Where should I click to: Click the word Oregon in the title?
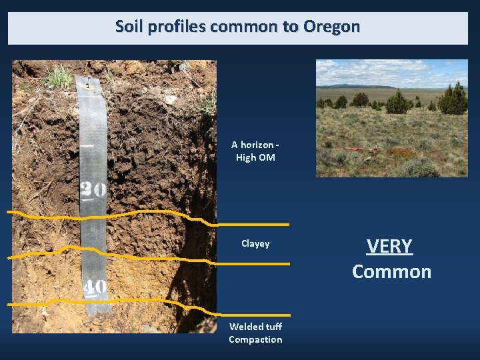pos(331,27)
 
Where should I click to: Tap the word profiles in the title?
pos(174,27)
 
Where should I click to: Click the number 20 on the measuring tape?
pos(93,190)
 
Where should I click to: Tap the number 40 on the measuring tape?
pos(95,287)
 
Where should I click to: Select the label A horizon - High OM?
pos(255,151)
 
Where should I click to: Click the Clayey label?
pos(255,244)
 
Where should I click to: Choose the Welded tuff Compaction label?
pos(255,333)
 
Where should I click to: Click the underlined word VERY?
pos(390,247)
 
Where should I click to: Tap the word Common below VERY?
pos(391,272)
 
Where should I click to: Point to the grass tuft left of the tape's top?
pos(59,77)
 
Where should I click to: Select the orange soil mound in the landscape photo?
pos(400,152)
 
